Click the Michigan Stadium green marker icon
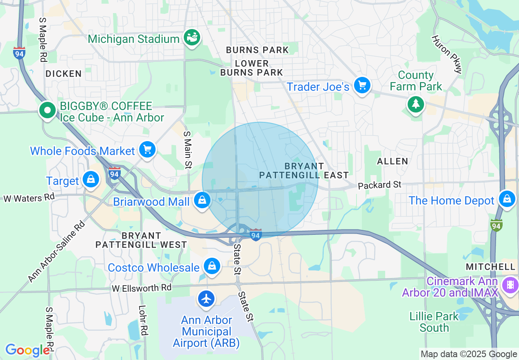pos(191,38)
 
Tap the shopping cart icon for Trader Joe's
pos(362,85)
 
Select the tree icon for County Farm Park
pos(416,104)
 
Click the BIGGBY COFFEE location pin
pos(47,110)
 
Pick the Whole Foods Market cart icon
pos(147,150)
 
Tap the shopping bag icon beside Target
pos(91,180)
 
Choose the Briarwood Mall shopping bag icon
pos(202,200)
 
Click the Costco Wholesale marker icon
pos(212,266)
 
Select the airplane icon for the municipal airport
pos(207,299)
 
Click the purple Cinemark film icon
pos(510,284)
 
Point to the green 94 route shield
pos(496,225)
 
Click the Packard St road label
pos(379,185)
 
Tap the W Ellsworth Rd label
pos(142,288)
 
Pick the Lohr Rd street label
pos(142,320)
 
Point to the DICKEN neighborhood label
pos(63,74)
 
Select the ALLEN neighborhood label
pos(393,161)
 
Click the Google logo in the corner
pos(27,350)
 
